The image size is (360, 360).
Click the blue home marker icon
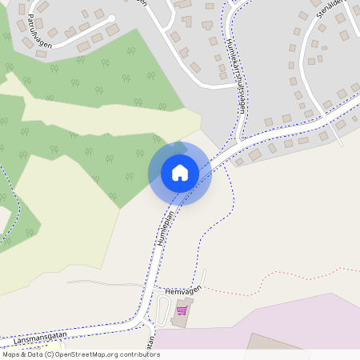pyautogui.click(x=180, y=172)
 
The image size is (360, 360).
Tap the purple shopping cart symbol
pyautogui.click(x=182, y=310)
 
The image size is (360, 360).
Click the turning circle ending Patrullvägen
pyautogui.click(x=111, y=18)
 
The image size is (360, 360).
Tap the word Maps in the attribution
pyautogui.click(x=11, y=354)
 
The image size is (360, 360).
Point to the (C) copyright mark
pyautogui.click(x=49, y=354)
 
